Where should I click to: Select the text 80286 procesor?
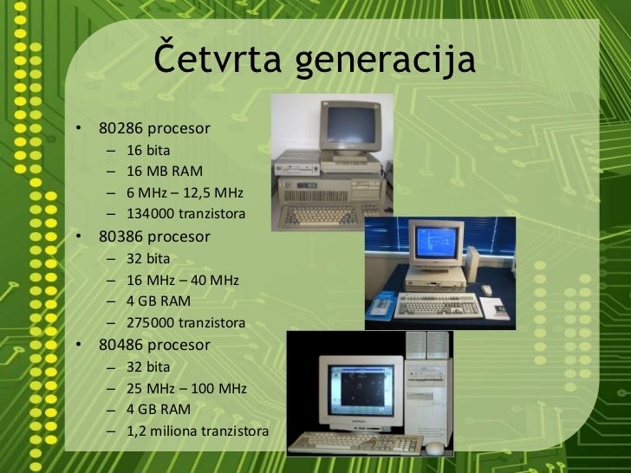point(154,128)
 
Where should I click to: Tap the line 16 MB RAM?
point(165,171)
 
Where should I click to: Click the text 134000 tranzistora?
point(185,214)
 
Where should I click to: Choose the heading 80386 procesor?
point(154,236)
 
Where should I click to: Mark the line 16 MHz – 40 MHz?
point(182,280)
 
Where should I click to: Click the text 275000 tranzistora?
point(185,323)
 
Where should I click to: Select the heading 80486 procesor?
point(154,345)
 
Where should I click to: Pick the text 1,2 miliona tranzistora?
point(198,431)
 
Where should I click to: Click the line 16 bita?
point(148,149)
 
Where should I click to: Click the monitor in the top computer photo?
point(350,126)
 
